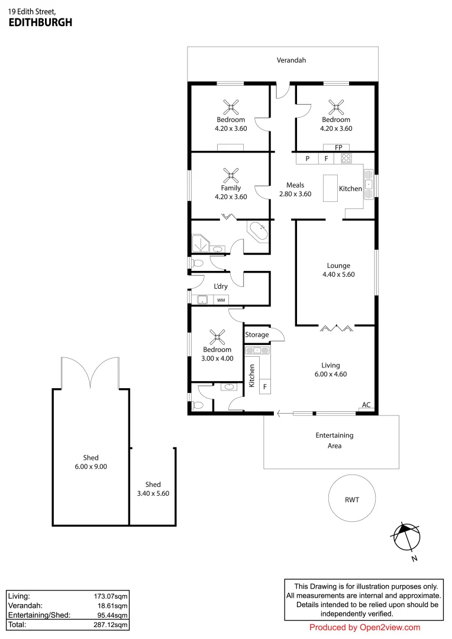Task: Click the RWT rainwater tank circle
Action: coord(352,499)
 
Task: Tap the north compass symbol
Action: coord(407,538)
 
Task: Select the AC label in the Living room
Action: coord(366,405)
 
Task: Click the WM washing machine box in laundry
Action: coord(221,301)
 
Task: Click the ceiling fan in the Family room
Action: coord(231,175)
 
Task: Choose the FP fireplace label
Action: coord(338,147)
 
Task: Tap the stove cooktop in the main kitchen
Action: coord(346,159)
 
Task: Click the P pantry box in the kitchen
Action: coord(307,159)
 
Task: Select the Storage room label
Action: coord(257,335)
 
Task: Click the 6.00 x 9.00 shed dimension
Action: coord(91,466)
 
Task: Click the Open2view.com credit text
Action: coord(364,628)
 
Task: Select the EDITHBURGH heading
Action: coord(40,22)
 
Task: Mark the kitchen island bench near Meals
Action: coord(330,188)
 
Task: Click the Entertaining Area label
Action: coord(334,440)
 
